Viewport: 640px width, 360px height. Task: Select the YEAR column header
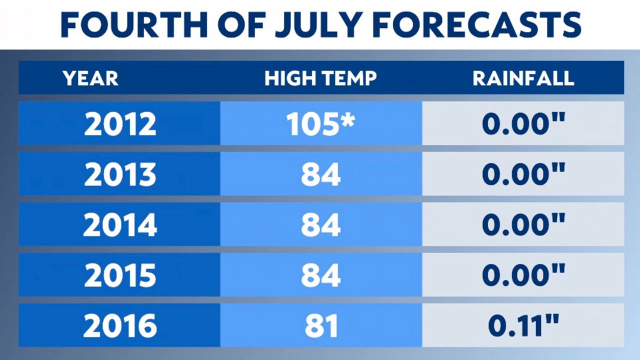(91, 78)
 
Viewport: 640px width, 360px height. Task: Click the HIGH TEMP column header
(320, 78)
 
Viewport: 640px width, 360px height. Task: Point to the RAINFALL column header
(523, 78)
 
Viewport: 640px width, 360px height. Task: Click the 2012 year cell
(119, 123)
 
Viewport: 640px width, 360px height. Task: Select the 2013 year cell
(119, 174)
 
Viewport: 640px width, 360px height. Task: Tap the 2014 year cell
(119, 224)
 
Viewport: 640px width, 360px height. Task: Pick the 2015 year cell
(119, 275)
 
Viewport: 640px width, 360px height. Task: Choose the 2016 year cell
(119, 325)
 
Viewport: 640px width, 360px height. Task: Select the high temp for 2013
(321, 174)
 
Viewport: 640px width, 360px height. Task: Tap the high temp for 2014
(321, 224)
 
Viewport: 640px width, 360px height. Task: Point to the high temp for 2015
(321, 275)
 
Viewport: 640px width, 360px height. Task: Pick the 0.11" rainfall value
(523, 325)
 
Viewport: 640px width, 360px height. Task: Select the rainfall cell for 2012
(523, 123)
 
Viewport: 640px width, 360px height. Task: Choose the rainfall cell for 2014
(523, 224)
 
